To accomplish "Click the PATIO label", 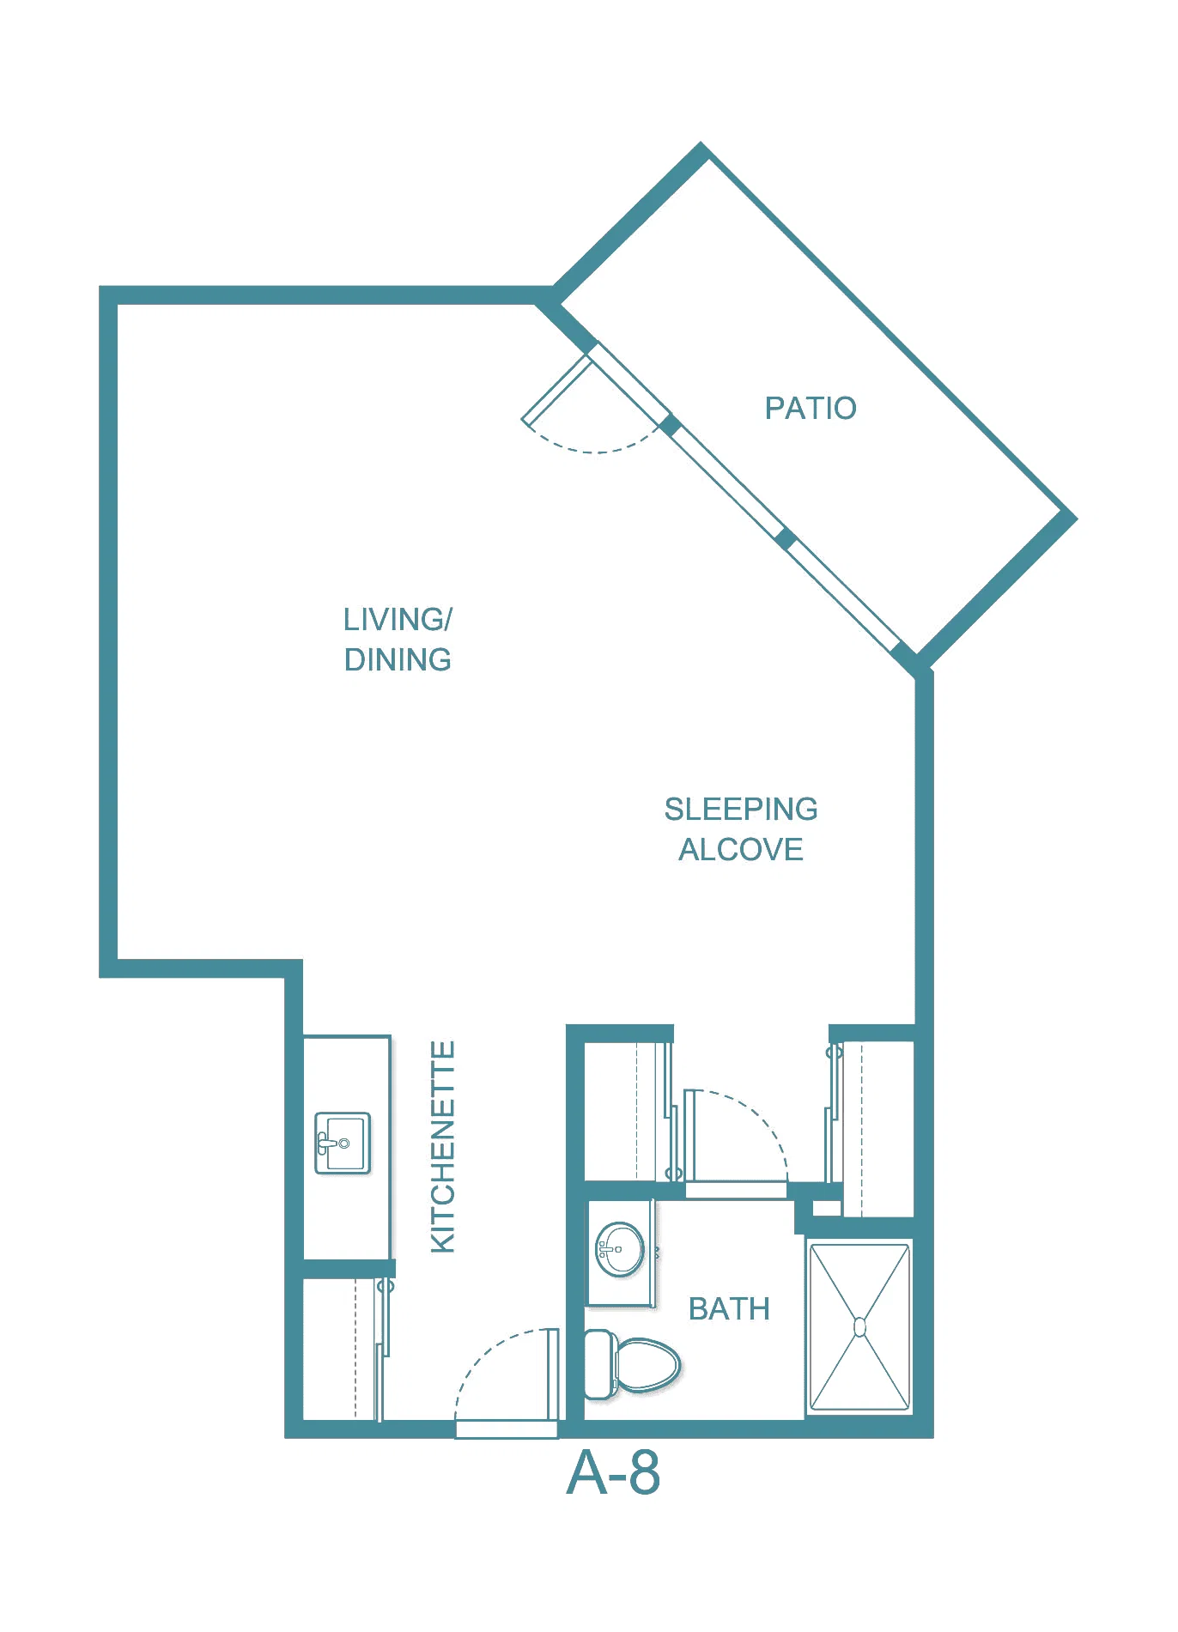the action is tap(811, 408).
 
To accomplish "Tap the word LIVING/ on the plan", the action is tap(398, 619).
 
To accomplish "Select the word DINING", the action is tap(398, 659).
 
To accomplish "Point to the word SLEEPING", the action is tap(741, 809).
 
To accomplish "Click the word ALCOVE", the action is tap(741, 849).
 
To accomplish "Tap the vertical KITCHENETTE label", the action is tap(442, 1147).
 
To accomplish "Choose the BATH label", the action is tap(729, 1308).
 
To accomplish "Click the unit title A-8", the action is tap(613, 1473).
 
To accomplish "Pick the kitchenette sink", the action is tap(343, 1143).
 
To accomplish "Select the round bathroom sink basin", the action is tap(620, 1249).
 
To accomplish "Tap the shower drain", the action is tap(859, 1327).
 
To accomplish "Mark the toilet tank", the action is tap(599, 1364).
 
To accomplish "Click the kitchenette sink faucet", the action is tap(327, 1144).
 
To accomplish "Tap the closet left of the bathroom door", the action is tap(626, 1111).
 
